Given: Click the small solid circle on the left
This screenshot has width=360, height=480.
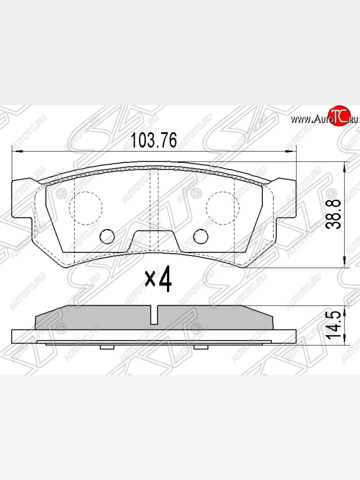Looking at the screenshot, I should coord(106,237).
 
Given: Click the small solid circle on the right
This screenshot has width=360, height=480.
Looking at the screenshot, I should coord(201,237).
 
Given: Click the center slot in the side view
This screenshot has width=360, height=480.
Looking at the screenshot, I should coord(154,314).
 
